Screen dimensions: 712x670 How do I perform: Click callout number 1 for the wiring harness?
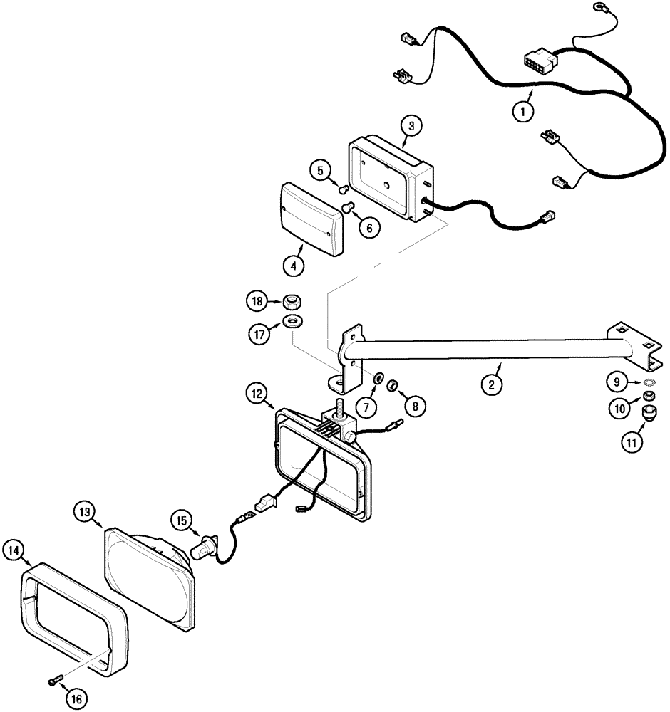[x=524, y=111]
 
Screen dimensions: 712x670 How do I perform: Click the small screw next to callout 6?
[x=349, y=207]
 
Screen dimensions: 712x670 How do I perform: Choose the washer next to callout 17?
[x=292, y=321]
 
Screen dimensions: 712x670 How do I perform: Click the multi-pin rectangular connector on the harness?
[x=539, y=56]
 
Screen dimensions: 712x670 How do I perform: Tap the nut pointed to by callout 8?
[x=392, y=386]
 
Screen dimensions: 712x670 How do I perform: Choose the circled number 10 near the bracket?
[x=617, y=409]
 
